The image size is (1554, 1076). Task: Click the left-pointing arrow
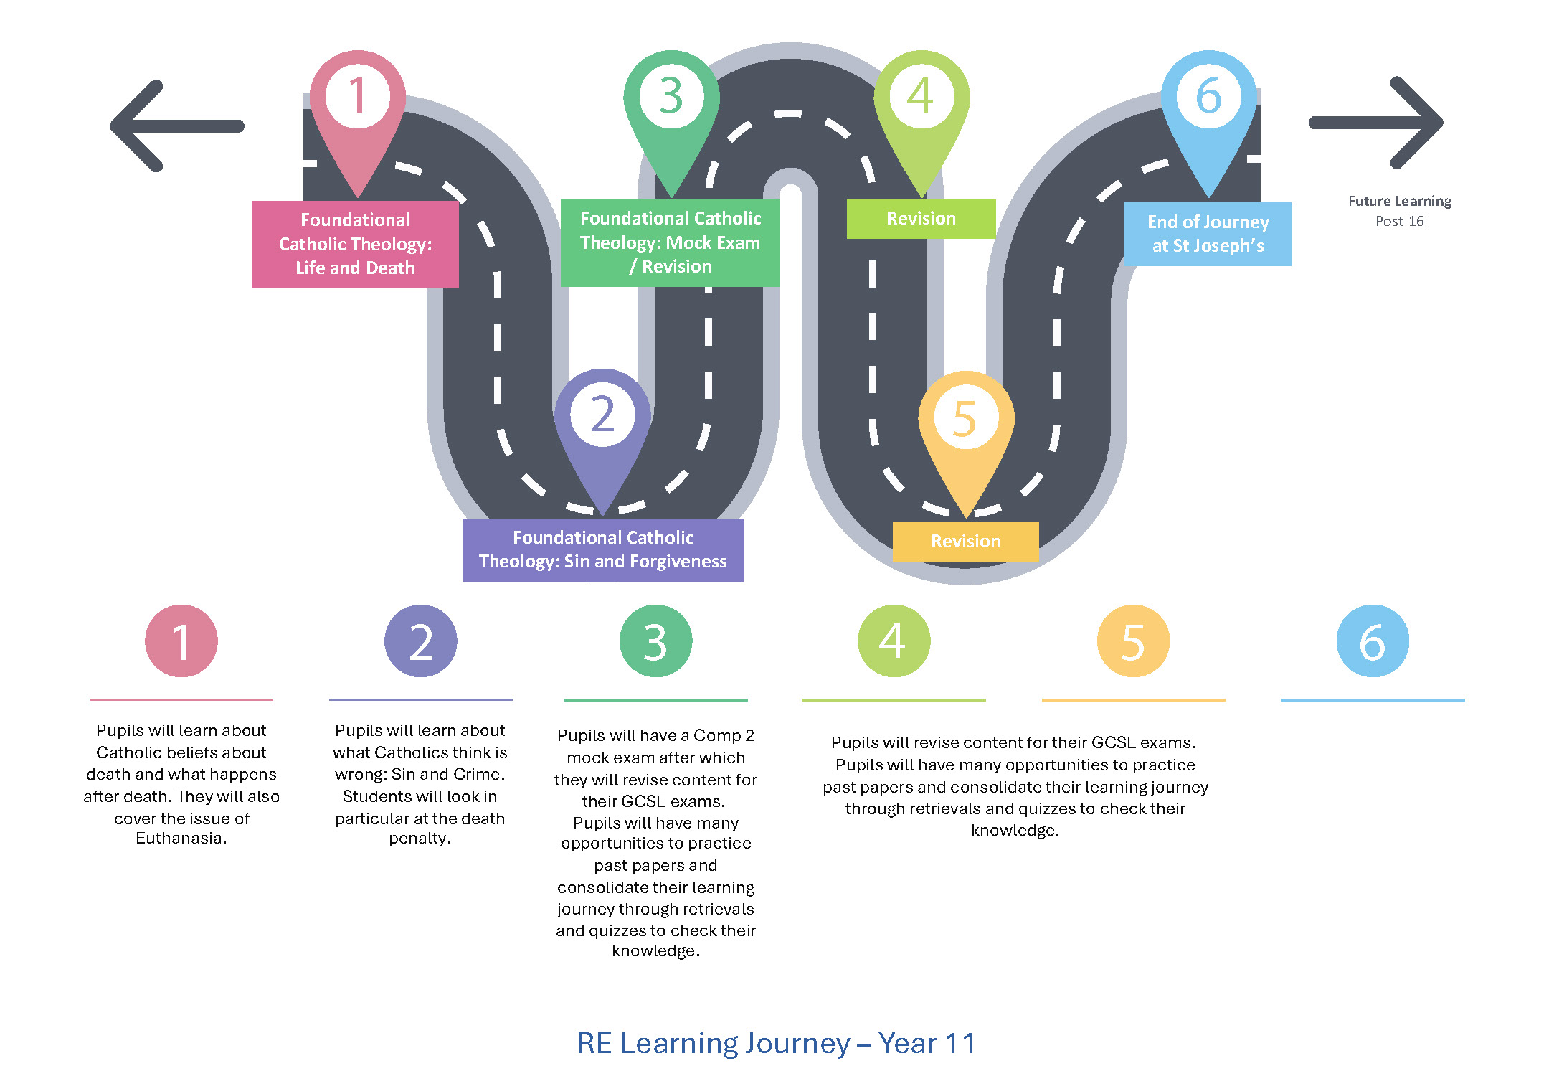click(176, 126)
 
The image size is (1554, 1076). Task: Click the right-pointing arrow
click(1377, 123)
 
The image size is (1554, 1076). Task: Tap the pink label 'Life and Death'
click(355, 244)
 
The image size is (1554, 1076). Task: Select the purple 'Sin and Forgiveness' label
click(602, 549)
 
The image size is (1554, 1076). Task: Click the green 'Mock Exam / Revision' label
click(670, 242)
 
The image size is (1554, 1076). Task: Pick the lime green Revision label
click(921, 219)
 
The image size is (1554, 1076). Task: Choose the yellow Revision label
click(965, 542)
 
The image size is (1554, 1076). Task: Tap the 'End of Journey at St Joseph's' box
click(1208, 234)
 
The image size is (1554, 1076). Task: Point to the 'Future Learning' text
click(1399, 202)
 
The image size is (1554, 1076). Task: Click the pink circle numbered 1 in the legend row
click(181, 641)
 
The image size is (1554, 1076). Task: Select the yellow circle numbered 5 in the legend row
click(1133, 641)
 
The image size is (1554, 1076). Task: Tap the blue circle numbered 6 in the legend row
click(1373, 641)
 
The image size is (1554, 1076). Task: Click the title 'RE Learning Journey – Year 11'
click(776, 1043)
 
